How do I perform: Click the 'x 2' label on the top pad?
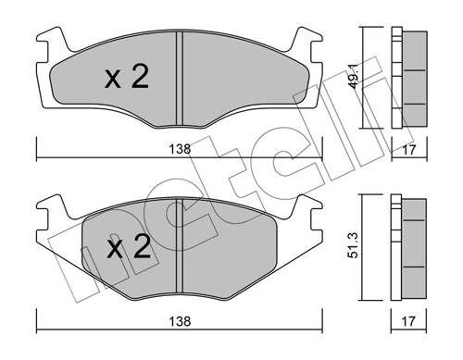(x=126, y=78)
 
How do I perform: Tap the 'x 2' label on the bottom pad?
(x=126, y=248)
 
